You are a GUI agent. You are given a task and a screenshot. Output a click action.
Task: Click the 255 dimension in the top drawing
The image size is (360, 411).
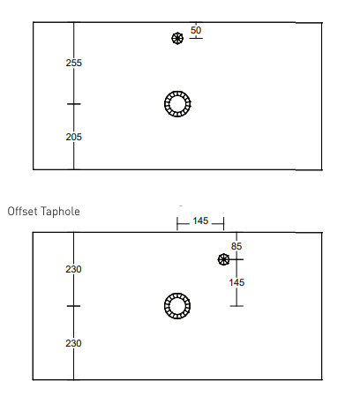74,63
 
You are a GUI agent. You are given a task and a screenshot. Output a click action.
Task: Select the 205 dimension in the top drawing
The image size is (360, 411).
74,137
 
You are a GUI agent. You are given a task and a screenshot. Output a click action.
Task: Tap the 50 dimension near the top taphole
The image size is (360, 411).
196,30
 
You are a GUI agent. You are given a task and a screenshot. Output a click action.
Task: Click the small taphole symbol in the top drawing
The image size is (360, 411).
177,39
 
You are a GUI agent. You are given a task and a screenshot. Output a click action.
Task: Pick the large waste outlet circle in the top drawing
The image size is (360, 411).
177,104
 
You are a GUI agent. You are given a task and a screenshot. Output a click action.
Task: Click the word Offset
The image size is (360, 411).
23,212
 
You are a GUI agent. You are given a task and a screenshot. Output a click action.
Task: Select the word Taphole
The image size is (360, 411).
60,212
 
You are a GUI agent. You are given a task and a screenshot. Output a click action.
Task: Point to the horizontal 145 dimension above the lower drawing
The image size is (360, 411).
200,220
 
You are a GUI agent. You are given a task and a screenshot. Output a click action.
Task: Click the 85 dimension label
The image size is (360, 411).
236,246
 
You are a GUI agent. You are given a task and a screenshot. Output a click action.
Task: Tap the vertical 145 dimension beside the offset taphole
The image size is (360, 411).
236,283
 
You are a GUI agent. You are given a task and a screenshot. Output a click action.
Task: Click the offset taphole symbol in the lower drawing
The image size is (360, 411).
223,259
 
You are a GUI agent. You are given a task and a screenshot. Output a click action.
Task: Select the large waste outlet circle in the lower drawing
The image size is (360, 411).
177,306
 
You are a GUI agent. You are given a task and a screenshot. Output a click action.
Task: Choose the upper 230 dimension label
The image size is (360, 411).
73,269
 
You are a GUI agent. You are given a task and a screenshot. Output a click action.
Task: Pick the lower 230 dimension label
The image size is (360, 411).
73,343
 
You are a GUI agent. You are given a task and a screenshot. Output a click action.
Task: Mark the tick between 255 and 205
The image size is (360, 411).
74,104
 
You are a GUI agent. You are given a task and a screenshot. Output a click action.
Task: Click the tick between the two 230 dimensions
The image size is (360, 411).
73,306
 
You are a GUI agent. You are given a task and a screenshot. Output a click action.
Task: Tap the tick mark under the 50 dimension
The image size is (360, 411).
196,38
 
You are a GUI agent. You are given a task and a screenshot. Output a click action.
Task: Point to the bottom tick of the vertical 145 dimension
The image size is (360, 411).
236,306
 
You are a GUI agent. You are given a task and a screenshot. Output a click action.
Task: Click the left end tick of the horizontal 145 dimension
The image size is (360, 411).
177,224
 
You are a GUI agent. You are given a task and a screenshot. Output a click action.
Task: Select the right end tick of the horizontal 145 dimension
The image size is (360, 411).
224,224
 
